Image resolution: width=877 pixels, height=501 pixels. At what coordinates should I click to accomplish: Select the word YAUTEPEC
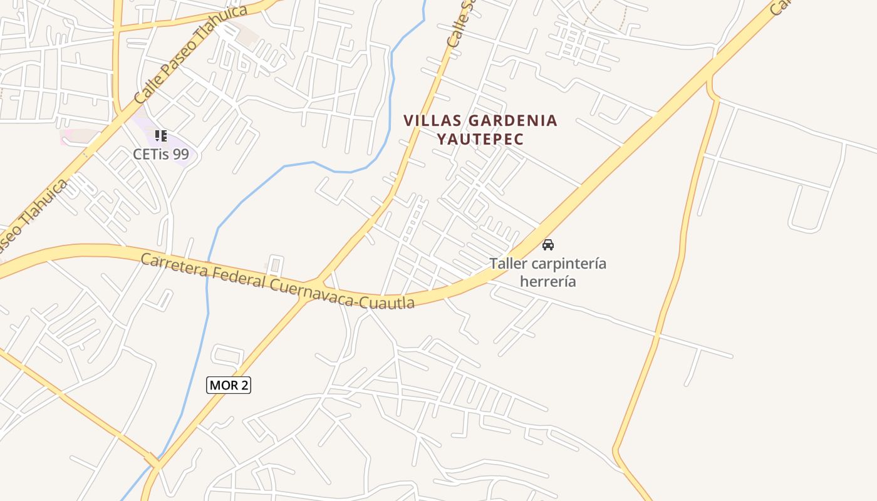click(480, 139)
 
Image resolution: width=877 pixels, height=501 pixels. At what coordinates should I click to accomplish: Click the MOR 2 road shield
click(229, 385)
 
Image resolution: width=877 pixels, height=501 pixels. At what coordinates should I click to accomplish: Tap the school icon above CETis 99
click(161, 136)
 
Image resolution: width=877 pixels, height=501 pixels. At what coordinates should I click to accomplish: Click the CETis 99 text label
click(161, 154)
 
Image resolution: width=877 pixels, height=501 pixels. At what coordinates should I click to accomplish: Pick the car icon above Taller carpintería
click(548, 245)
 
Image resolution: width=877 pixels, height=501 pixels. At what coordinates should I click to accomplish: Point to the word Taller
click(508, 264)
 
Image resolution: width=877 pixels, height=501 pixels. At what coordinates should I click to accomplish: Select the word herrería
click(548, 281)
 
